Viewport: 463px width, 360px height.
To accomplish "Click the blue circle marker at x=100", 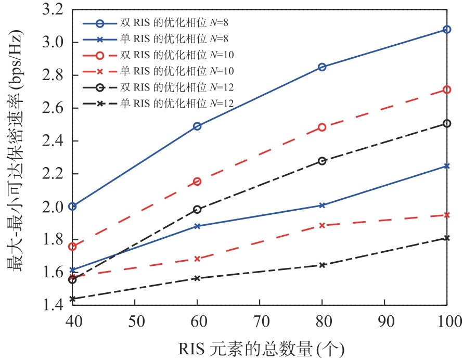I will pyautogui.click(x=447, y=30).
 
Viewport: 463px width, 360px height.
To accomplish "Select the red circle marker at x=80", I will pyautogui.click(x=322, y=127).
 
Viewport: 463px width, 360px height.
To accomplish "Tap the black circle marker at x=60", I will pyautogui.click(x=197, y=210).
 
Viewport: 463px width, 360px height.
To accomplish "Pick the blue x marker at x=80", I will pyautogui.click(x=322, y=205).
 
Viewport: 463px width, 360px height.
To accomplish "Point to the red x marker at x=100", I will pyautogui.click(x=447, y=215).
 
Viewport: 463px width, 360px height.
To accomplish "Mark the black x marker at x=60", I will pyautogui.click(x=197, y=278).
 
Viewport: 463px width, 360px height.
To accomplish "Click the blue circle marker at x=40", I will pyautogui.click(x=72, y=207).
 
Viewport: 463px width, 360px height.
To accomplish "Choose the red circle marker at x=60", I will pyautogui.click(x=197, y=182).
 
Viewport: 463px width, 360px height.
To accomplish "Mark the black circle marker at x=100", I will pyautogui.click(x=447, y=124).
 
